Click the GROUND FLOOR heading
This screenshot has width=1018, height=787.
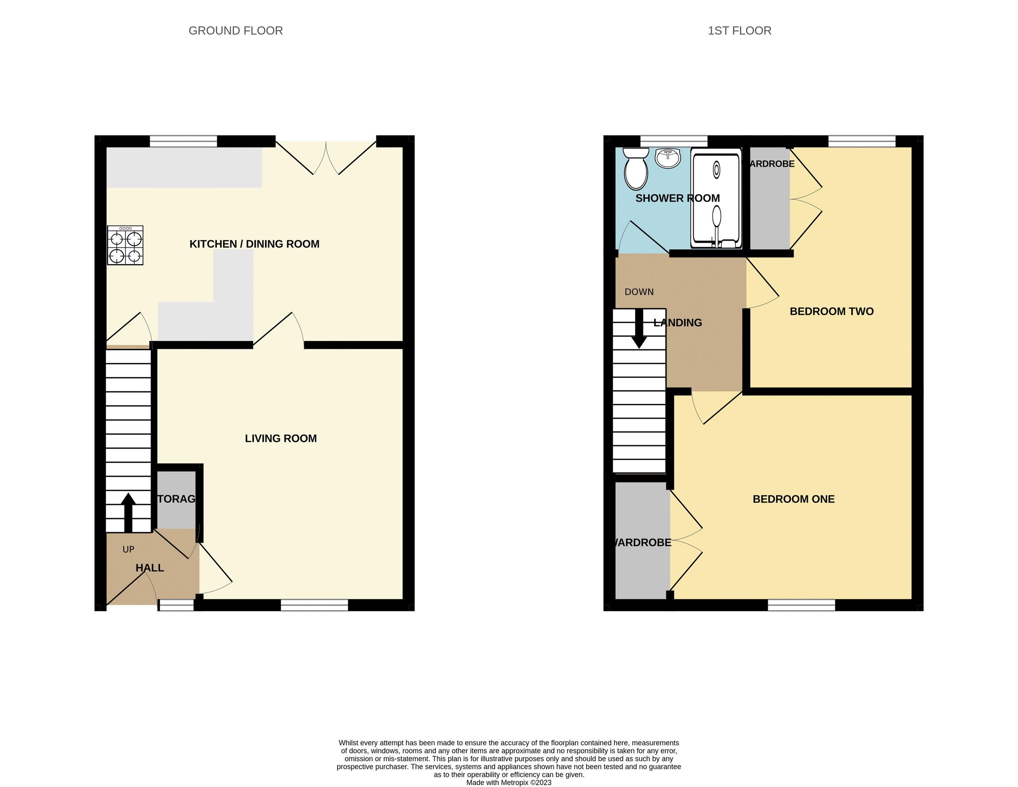pyautogui.click(x=236, y=31)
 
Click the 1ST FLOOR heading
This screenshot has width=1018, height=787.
pyautogui.click(x=739, y=31)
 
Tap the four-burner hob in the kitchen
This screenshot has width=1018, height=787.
pyautogui.click(x=125, y=245)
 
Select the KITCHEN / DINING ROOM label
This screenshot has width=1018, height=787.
pyautogui.click(x=254, y=244)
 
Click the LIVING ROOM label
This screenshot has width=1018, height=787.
pyautogui.click(x=281, y=438)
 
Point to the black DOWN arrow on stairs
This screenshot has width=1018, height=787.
pyautogui.click(x=639, y=329)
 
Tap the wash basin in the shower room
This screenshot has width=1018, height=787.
pyautogui.click(x=667, y=158)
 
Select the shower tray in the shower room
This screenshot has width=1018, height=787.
pyautogui.click(x=716, y=198)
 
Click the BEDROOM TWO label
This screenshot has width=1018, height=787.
pyautogui.click(x=831, y=311)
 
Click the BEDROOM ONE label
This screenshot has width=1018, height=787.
pyautogui.click(x=793, y=499)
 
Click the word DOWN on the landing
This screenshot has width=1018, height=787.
pyautogui.click(x=639, y=292)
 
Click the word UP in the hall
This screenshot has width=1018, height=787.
pyautogui.click(x=128, y=549)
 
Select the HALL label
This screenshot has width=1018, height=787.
pyautogui.click(x=149, y=568)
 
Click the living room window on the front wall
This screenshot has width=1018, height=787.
pyautogui.click(x=314, y=605)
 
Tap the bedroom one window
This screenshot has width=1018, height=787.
pyautogui.click(x=801, y=605)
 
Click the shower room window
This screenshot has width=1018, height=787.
pyautogui.click(x=674, y=141)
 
